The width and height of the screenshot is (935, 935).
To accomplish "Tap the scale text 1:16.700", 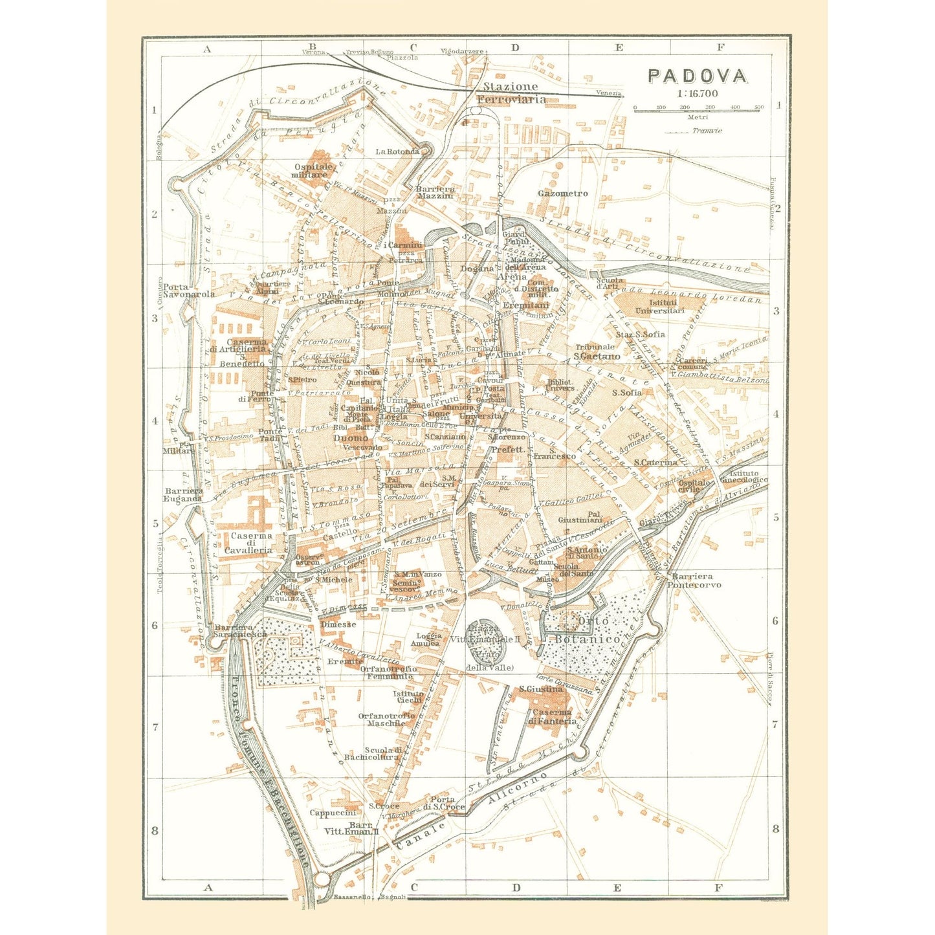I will point(698,93).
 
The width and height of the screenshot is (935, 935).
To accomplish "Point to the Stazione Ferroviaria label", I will point(511,93).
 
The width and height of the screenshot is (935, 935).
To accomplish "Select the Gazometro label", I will point(563,193).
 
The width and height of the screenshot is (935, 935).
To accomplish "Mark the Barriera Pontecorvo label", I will point(696,580).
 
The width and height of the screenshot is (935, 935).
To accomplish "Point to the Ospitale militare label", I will point(312,170).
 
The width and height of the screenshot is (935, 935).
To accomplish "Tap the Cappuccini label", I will point(333,813).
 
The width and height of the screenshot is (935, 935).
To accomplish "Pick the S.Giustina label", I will point(541,689).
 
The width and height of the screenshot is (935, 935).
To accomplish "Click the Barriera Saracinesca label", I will point(240,631).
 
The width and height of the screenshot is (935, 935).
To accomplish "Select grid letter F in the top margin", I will point(721,47).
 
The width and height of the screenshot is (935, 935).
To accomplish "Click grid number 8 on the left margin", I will point(155,830).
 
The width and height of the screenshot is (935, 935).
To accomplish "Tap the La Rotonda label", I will point(397,151).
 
